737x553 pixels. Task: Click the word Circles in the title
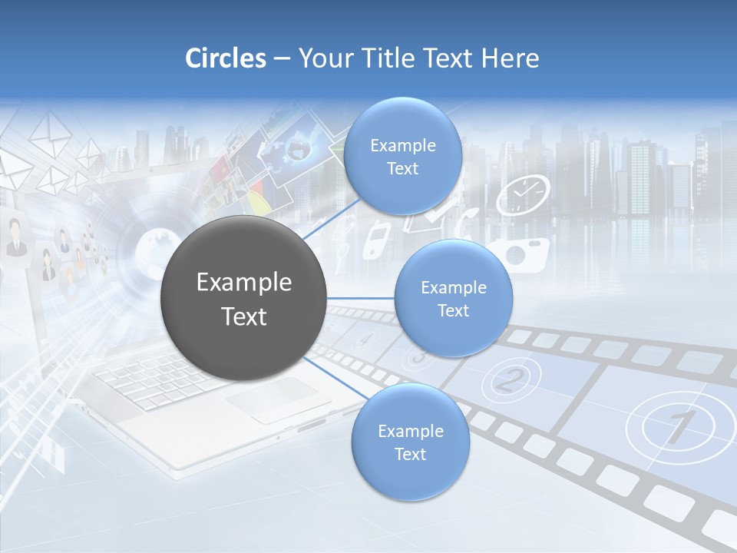pyautogui.click(x=226, y=58)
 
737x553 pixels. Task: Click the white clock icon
pyautogui.click(x=523, y=195)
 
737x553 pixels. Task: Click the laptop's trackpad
pyautogui.click(x=272, y=400)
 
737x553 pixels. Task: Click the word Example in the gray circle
pyautogui.click(x=243, y=283)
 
